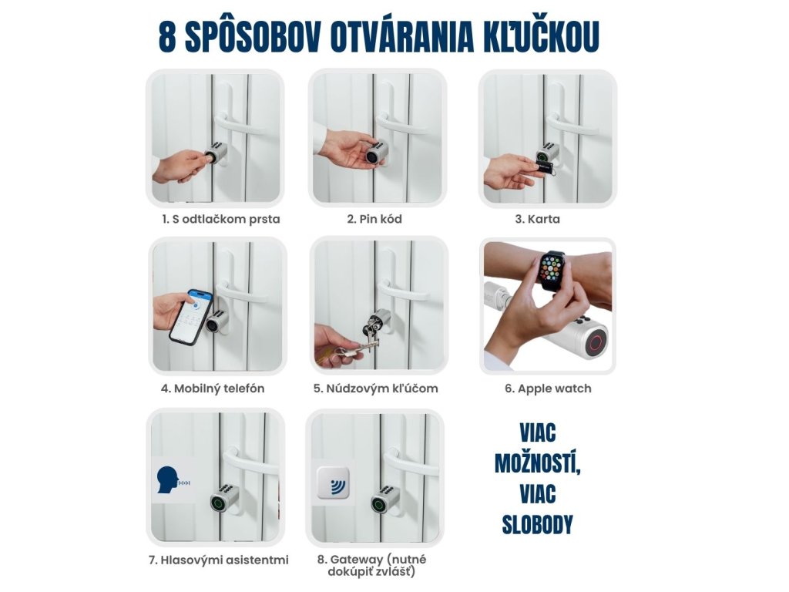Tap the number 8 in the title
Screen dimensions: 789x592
point(167,37)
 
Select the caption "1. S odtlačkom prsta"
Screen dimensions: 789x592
point(221,219)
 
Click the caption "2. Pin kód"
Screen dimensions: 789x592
point(374,219)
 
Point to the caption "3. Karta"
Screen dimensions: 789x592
point(537,219)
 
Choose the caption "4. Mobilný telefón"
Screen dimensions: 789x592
point(213,388)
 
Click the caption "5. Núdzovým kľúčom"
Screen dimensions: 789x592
point(376,388)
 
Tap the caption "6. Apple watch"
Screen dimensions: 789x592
point(548,388)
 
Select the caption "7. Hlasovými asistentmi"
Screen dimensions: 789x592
point(218,560)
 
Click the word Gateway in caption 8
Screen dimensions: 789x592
point(357,560)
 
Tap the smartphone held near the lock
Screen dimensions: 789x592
point(191,317)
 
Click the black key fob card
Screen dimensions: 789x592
point(545,166)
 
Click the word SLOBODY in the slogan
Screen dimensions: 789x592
point(537,524)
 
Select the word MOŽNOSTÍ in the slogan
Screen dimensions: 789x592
point(537,463)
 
